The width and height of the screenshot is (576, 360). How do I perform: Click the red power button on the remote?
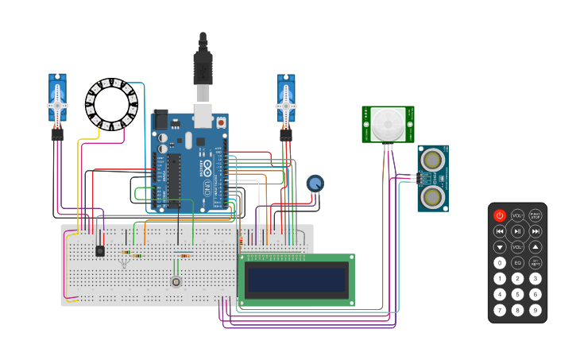[500, 215]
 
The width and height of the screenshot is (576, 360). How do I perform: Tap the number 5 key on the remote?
[517, 294]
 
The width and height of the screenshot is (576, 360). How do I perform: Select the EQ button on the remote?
[517, 263]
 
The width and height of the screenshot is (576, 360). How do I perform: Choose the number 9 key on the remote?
[535, 309]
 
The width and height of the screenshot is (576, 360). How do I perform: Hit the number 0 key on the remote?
[500, 263]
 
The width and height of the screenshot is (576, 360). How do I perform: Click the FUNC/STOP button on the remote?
[535, 215]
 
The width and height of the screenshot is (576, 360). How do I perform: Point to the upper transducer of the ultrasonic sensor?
[432, 160]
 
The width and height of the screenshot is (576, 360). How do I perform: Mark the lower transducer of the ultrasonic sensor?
[432, 195]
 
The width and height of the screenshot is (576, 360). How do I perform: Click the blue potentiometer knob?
[315, 184]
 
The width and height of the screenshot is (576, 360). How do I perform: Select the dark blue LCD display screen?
[296, 280]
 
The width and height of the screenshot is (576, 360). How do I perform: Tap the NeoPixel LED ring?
[110, 103]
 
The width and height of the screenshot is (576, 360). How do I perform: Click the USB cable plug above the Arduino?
[203, 68]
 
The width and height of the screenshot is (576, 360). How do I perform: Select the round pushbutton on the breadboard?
[176, 281]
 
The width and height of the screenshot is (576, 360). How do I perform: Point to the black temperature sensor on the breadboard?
[100, 250]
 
